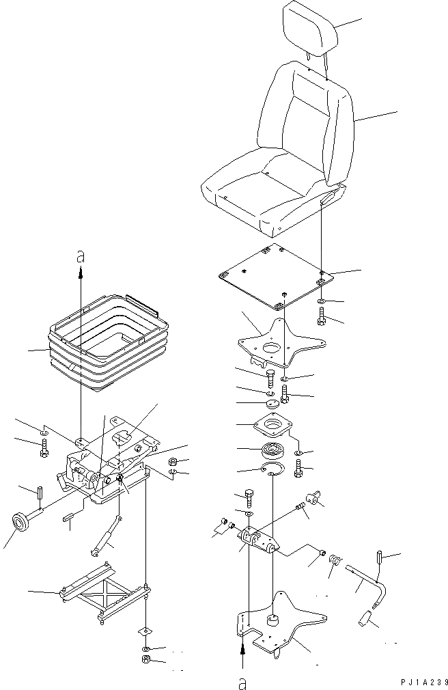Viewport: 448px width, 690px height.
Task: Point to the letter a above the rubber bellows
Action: tap(81, 256)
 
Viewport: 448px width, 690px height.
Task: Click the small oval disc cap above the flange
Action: tap(271, 404)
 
